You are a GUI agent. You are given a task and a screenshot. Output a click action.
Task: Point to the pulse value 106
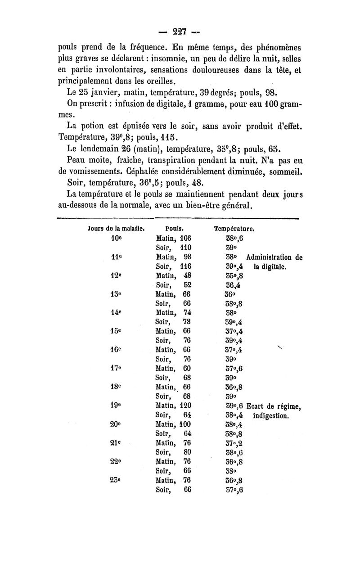186,239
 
